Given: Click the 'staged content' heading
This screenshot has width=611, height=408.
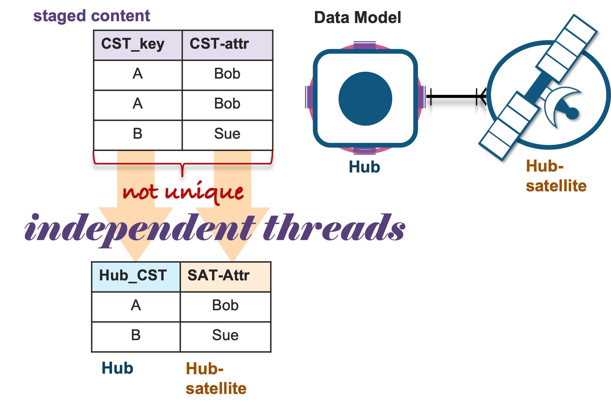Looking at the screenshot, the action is tap(91, 16).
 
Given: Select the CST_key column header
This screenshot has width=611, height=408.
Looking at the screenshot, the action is tap(138, 45).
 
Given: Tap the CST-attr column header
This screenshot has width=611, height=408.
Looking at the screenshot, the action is tap(227, 45).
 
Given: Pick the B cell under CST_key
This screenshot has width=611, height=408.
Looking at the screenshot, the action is tap(138, 135).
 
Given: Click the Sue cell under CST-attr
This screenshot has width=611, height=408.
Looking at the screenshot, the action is tap(227, 135).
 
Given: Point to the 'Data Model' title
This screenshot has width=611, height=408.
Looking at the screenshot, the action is tap(358, 17).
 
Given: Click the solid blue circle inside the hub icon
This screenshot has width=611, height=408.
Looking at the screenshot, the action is tap(365, 99).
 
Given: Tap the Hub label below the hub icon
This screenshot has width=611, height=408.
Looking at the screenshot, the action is tap(364, 167).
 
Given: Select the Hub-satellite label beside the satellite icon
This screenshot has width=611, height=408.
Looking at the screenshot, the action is tap(556, 176).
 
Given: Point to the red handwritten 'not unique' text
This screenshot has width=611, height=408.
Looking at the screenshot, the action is tap(183, 192).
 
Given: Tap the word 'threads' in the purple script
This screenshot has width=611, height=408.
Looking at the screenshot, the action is tap(334, 227).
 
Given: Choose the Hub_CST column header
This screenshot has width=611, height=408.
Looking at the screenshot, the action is tap(136, 277).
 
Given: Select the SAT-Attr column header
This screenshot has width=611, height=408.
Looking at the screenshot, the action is tap(225, 277).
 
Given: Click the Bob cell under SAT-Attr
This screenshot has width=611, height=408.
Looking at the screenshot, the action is tap(225, 307).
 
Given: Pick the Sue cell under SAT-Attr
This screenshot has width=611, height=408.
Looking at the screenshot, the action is tap(225, 337).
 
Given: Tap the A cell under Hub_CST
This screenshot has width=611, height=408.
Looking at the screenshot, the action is tap(136, 307).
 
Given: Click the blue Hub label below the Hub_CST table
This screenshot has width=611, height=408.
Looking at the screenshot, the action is tap(117, 368).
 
